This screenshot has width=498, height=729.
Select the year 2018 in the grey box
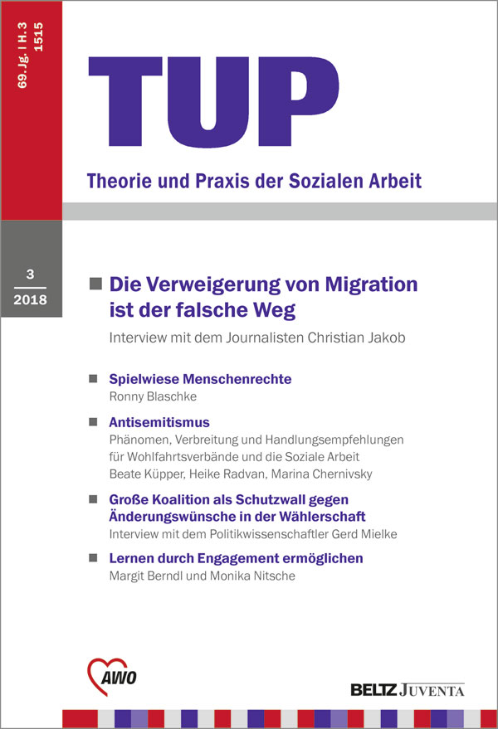click(32, 299)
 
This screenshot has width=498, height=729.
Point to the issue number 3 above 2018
click(31, 275)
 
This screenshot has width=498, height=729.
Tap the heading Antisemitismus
click(159, 422)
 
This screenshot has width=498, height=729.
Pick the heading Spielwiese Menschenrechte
click(200, 379)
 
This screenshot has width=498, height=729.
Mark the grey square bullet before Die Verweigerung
click(95, 284)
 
